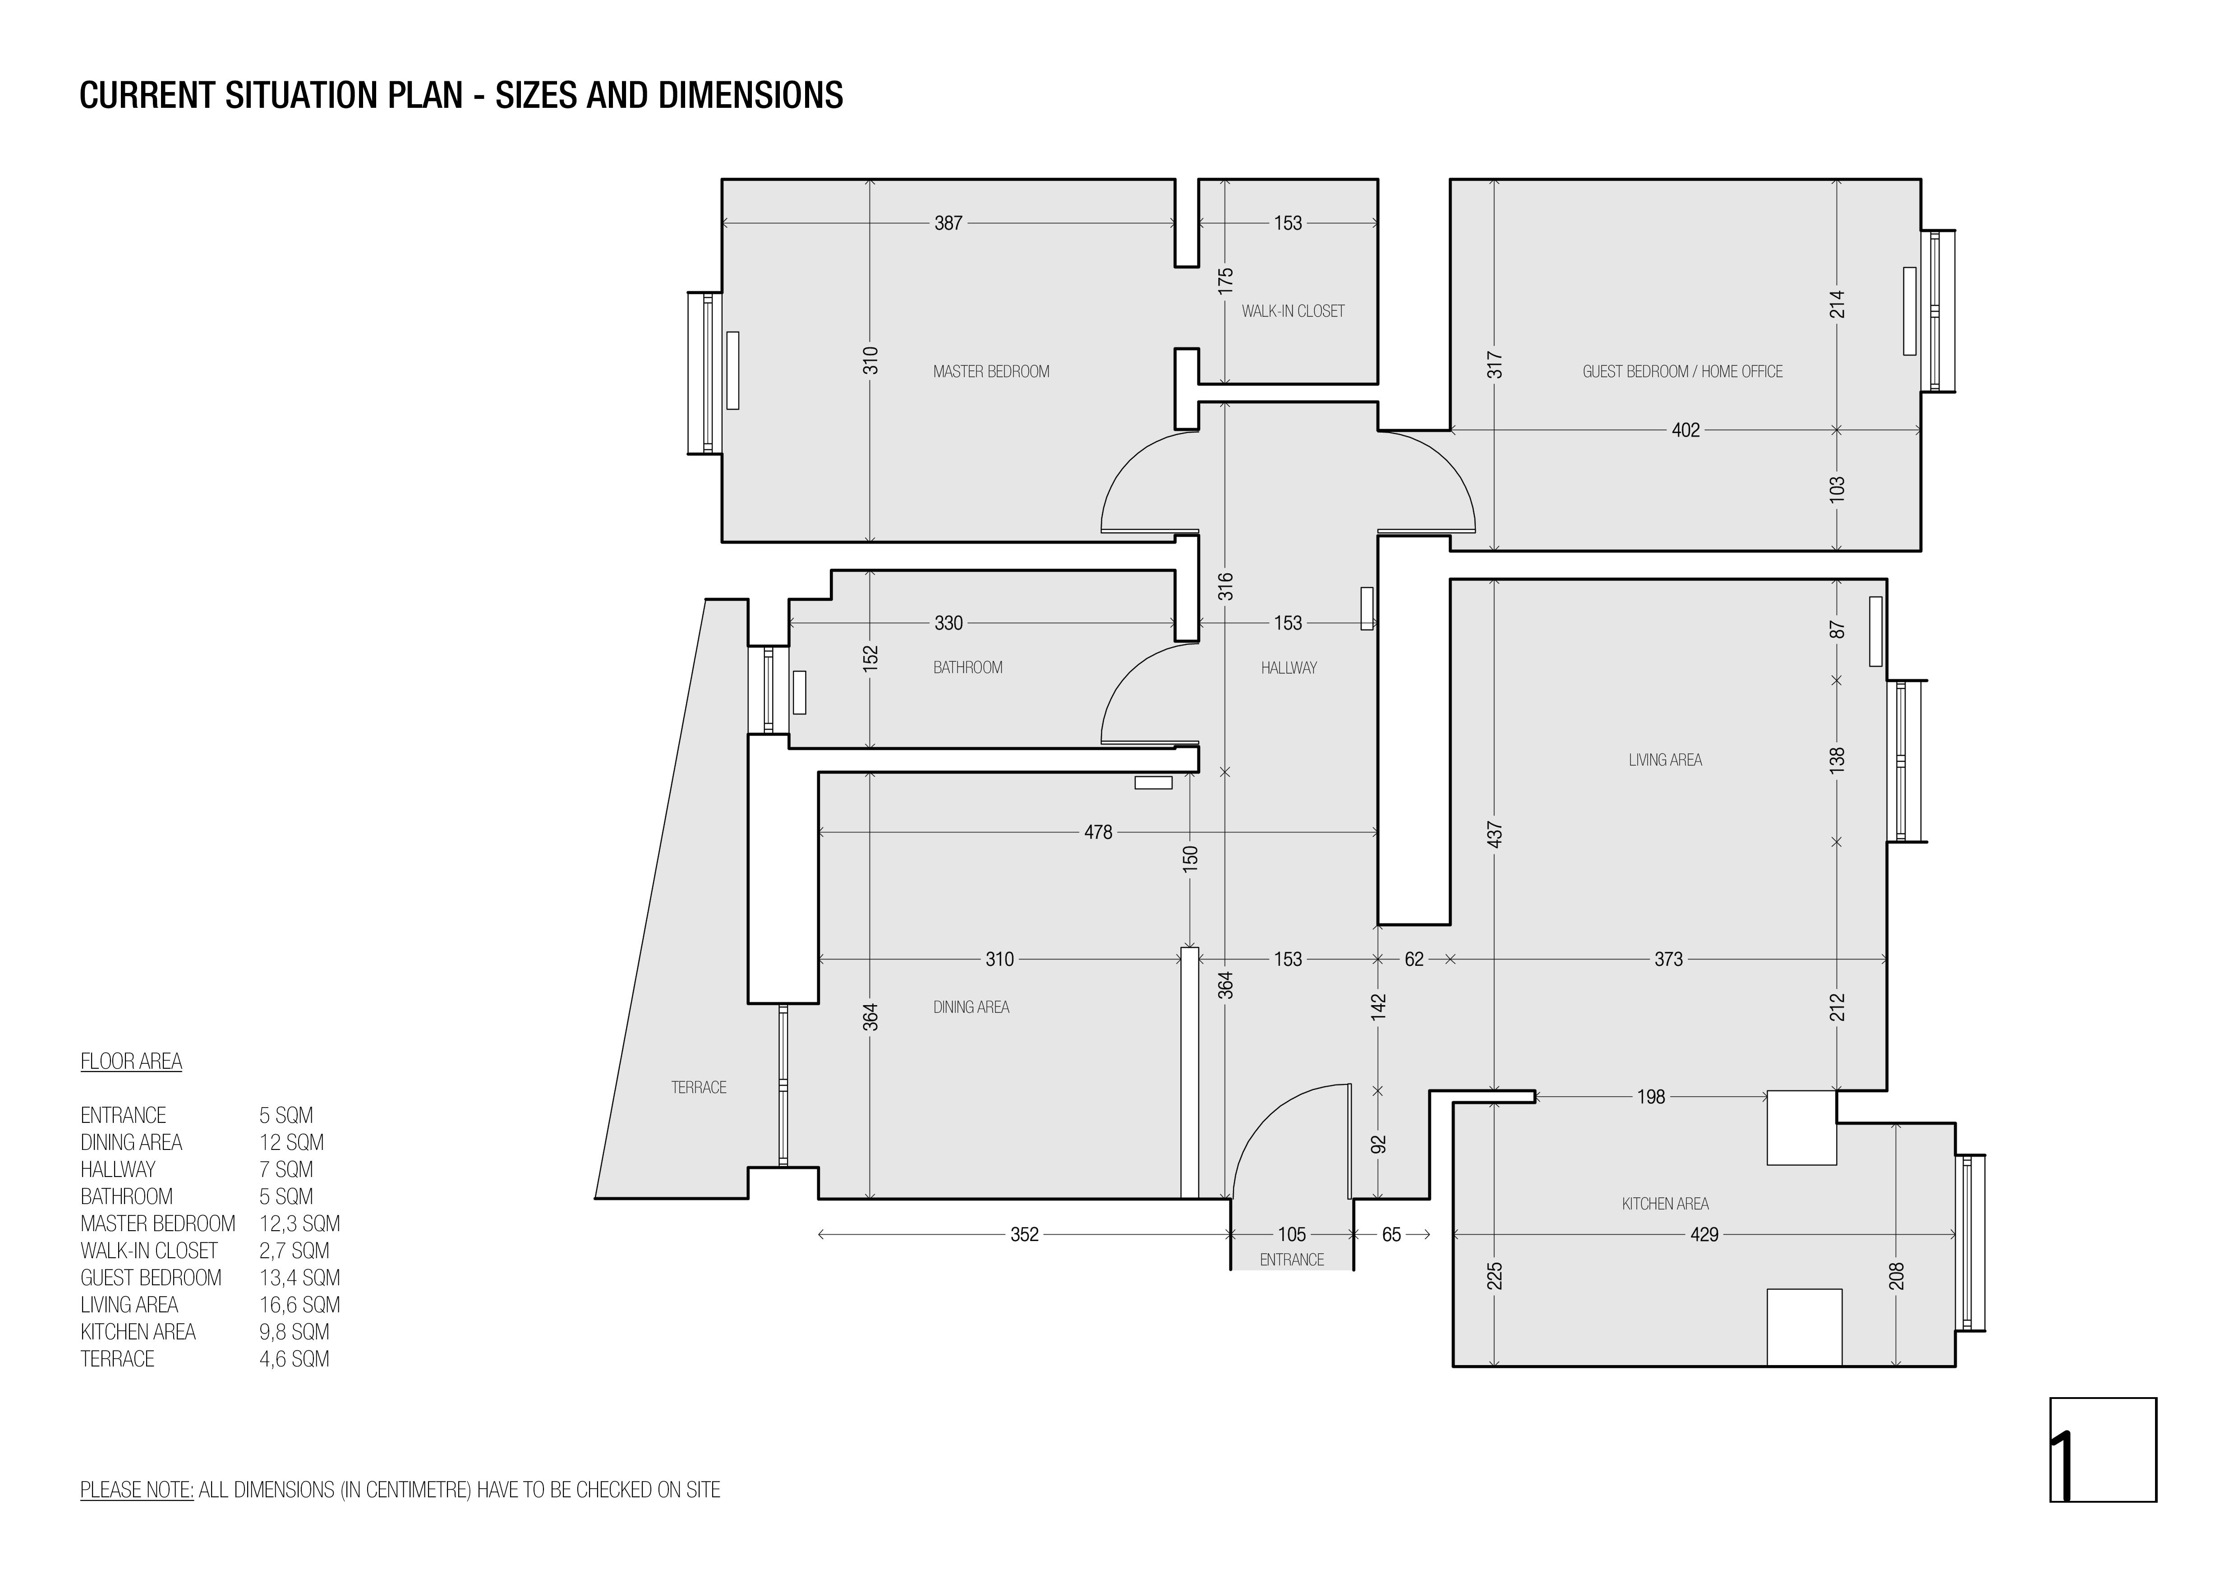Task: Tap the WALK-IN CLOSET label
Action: click(1293, 311)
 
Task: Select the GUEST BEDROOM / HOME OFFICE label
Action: click(1682, 371)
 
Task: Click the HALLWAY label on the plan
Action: click(1289, 668)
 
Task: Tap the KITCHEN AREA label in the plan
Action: click(1665, 1204)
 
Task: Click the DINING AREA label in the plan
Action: click(971, 1007)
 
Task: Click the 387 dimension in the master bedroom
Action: click(949, 223)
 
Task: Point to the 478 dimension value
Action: click(1097, 832)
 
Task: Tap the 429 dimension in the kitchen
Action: click(1704, 1235)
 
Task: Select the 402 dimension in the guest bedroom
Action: click(1685, 430)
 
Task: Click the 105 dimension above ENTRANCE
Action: click(1292, 1235)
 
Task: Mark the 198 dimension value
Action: click(1650, 1098)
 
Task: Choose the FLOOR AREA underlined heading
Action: click(131, 1061)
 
